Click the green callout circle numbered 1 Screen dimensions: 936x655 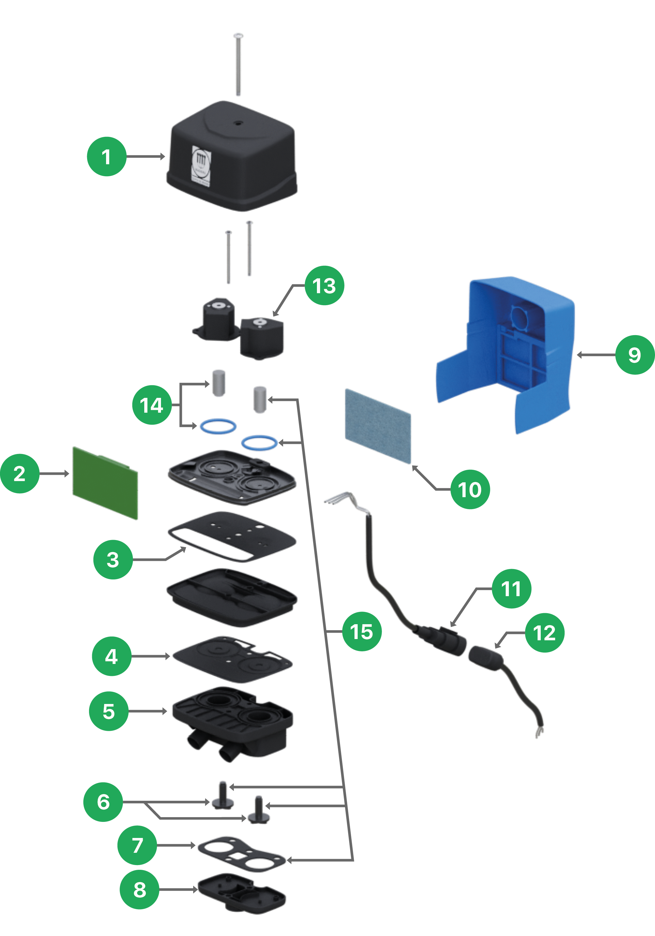pos(106,157)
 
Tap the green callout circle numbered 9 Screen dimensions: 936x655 pos(634,355)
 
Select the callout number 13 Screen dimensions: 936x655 pos(325,285)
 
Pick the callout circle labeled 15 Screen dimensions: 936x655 pos(361,631)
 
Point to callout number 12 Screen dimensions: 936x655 pos(545,633)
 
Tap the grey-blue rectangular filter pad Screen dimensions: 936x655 pos(378,426)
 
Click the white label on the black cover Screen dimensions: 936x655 pos(201,166)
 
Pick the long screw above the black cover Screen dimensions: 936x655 pos(238,65)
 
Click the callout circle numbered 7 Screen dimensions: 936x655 pos(137,845)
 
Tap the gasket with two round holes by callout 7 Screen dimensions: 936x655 pos(241,854)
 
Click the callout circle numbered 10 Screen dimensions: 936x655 pos(470,489)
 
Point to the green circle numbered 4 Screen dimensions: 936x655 pos(112,656)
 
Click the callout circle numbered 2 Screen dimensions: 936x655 pos(20,473)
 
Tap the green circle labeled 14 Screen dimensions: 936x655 pos(152,405)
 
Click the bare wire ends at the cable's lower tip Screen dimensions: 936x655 pos(539,733)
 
